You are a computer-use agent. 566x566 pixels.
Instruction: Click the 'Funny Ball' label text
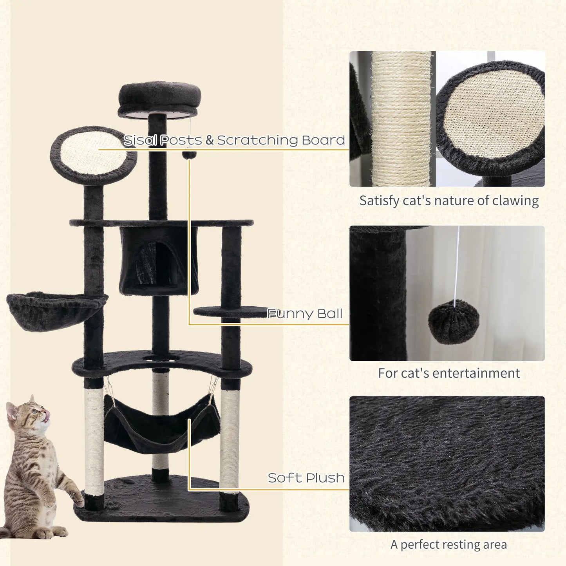305,314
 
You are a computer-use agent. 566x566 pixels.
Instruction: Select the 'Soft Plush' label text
306,478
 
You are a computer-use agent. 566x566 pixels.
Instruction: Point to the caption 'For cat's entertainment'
449,373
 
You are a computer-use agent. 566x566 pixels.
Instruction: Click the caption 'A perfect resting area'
448,544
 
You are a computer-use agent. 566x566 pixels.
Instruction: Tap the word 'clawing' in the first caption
515,201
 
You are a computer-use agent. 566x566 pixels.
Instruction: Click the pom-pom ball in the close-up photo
453,322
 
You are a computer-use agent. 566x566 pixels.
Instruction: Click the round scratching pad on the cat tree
93,155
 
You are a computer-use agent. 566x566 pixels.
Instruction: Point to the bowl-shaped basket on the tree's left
55,310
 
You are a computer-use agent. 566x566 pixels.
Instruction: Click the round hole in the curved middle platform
161,358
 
